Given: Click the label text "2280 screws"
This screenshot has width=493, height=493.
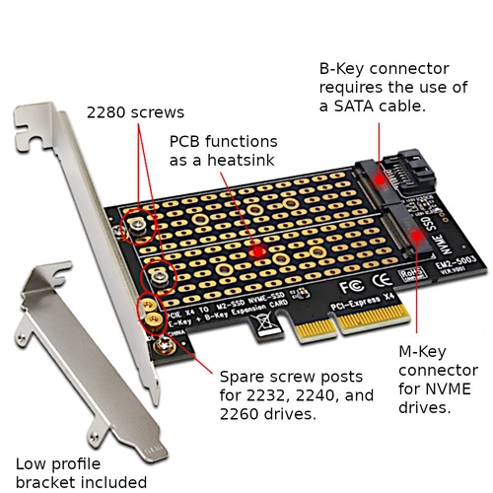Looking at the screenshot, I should click(135, 111).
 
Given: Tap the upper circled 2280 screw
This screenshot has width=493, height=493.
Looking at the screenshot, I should click(137, 227).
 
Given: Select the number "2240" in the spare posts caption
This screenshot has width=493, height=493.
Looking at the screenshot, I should click(305, 395).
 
